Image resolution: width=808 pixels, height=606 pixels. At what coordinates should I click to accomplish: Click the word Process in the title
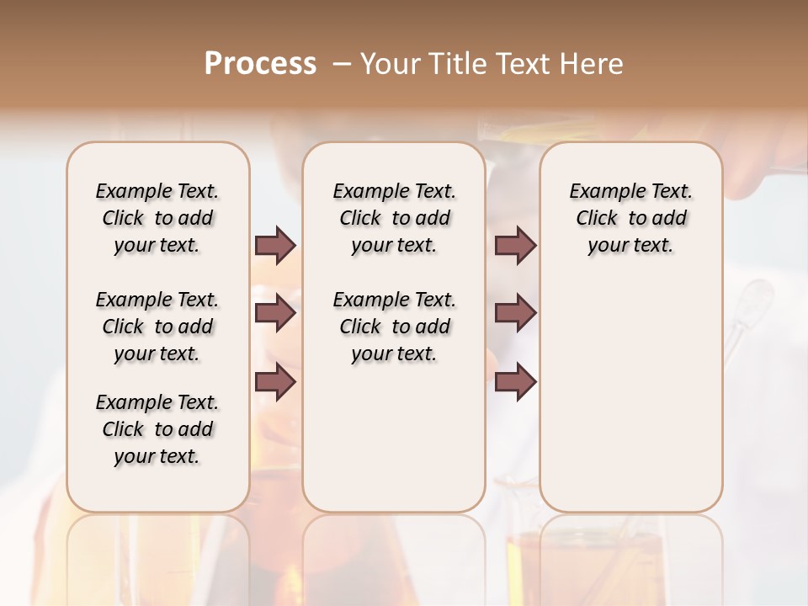(x=260, y=64)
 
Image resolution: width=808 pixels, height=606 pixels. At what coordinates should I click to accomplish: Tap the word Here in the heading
(x=593, y=64)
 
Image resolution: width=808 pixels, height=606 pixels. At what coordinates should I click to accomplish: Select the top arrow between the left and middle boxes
(x=275, y=246)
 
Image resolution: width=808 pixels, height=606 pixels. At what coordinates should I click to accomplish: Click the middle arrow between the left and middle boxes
(x=275, y=314)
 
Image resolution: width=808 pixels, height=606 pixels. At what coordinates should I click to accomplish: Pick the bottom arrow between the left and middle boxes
(x=275, y=382)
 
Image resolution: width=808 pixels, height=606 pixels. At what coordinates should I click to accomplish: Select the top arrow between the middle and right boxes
(x=515, y=246)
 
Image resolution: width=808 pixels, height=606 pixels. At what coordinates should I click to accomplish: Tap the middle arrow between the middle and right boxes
(x=515, y=314)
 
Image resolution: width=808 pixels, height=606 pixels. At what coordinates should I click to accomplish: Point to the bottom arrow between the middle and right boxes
(x=515, y=382)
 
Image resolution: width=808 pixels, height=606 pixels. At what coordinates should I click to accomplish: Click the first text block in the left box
(x=157, y=218)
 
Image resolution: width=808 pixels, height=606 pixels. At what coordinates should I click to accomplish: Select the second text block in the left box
(x=157, y=327)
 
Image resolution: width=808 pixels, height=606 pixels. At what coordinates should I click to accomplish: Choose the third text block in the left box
(x=157, y=429)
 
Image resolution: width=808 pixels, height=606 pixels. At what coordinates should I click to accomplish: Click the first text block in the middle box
(x=394, y=218)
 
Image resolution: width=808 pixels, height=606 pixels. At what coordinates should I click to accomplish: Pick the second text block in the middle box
(x=394, y=327)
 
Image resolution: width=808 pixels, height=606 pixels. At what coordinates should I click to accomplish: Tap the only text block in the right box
(x=630, y=218)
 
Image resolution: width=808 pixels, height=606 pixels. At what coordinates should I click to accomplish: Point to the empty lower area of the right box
(x=630, y=396)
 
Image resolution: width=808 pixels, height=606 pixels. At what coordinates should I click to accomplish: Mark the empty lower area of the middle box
(x=394, y=438)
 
